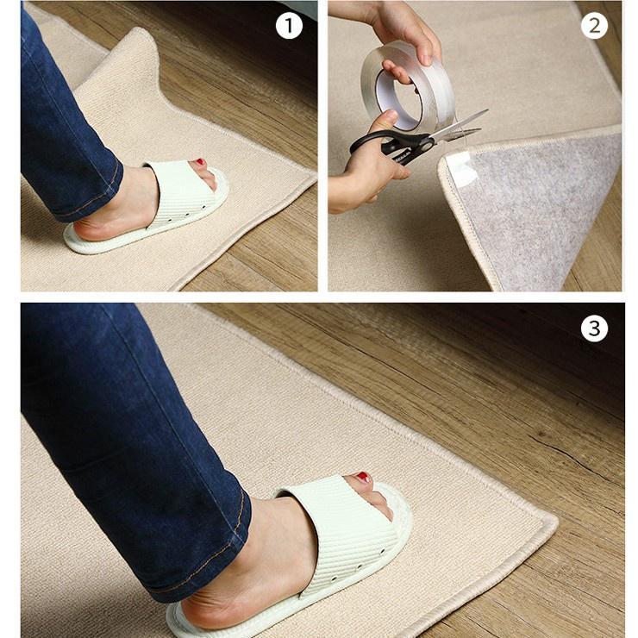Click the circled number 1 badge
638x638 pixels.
(289, 26)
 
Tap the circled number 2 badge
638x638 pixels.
(594, 26)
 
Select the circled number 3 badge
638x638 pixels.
(594, 328)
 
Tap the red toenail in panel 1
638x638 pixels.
(200, 162)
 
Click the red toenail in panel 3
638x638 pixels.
(363, 478)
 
